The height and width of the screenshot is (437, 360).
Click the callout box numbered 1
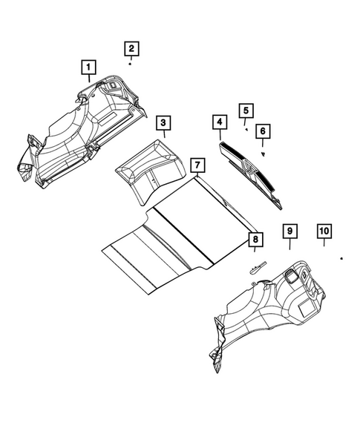88,70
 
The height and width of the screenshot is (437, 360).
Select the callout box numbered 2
131,49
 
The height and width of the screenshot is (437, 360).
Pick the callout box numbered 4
219,122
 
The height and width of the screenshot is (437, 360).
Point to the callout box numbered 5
244,111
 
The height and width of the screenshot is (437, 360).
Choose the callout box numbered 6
262,131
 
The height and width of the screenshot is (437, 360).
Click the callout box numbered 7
196,164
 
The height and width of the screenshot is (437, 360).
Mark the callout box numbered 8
254,239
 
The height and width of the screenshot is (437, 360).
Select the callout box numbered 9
288,232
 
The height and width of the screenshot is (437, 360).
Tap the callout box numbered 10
324,231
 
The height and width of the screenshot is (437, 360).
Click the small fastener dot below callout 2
130,65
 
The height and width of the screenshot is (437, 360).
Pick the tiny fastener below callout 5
246,128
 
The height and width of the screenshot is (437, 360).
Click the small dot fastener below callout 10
341,257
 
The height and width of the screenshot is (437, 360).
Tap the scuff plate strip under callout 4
252,167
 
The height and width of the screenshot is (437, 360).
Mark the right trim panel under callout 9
267,312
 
